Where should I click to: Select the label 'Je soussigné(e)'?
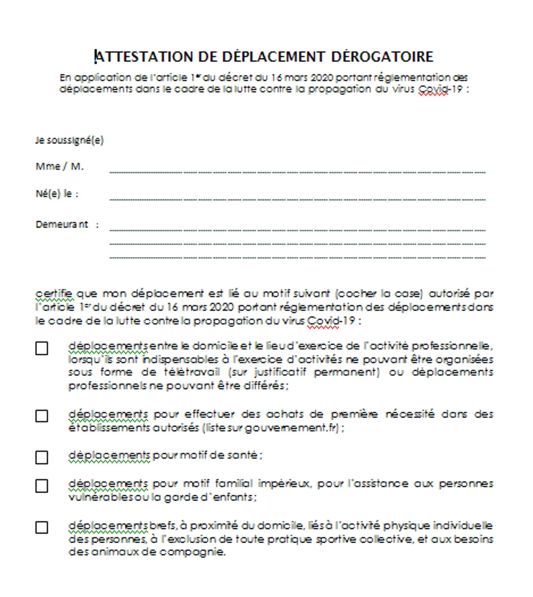click(x=69, y=140)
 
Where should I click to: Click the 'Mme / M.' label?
click(x=60, y=166)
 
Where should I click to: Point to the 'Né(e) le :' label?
click(x=57, y=194)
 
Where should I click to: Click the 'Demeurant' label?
click(x=62, y=225)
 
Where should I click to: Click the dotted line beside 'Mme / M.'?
click(x=297, y=172)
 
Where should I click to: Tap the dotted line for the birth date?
click(x=297, y=199)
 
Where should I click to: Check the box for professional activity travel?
click(x=42, y=349)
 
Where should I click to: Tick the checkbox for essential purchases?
click(x=42, y=416)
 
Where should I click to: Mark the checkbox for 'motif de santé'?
click(x=42, y=457)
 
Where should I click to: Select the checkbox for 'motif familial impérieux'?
click(x=42, y=486)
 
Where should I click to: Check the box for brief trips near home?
click(x=42, y=528)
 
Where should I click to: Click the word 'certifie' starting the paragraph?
click(x=54, y=293)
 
